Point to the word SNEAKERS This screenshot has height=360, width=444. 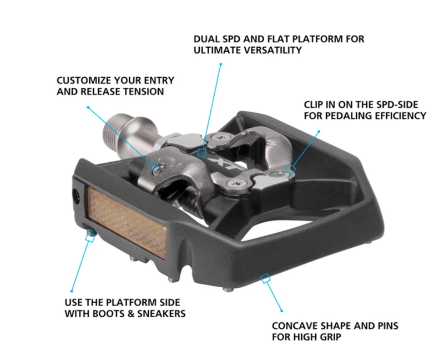(x=161, y=314)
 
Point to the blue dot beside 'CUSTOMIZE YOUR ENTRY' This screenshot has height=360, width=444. (x=88, y=108)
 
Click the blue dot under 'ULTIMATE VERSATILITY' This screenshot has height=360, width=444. (x=220, y=64)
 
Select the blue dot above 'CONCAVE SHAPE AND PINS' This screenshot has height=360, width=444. (x=282, y=310)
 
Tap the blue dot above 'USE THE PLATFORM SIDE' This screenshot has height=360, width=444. (x=72, y=291)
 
